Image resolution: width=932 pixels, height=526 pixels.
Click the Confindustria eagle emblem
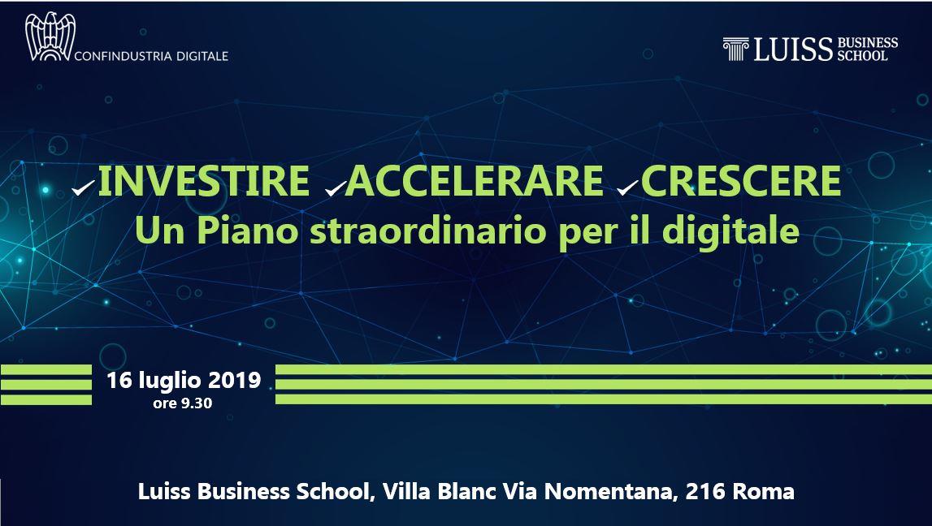pos(50,37)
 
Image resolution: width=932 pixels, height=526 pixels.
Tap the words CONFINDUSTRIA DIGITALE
pos(151,56)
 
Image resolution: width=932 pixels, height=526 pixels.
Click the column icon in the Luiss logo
pos(735,49)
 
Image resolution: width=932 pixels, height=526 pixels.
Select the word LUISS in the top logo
pos(793,50)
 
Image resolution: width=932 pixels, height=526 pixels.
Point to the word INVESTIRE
pos(203,181)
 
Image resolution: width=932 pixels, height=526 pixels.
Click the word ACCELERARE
pos(475,181)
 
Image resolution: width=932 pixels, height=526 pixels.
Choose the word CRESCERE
pos(740,181)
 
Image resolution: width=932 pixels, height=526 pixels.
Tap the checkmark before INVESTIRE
pos(83,188)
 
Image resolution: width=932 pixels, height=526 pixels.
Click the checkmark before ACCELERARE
pos(336,188)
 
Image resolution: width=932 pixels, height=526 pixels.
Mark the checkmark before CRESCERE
pos(627,188)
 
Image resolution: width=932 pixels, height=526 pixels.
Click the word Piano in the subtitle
pos(247,231)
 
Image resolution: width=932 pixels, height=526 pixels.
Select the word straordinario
pos(428,231)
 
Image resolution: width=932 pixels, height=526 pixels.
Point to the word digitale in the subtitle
pos(730,231)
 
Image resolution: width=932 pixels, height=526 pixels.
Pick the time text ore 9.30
pos(183,403)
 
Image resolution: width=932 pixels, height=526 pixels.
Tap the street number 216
pos(706,492)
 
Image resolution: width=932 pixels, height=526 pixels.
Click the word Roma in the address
pos(764,492)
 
